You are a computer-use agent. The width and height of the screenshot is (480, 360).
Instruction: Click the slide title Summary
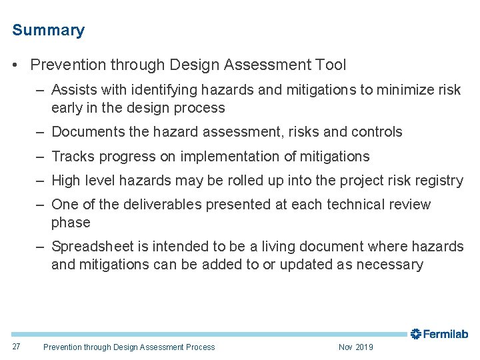(48, 30)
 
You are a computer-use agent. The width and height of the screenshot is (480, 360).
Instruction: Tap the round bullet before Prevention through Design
(15, 65)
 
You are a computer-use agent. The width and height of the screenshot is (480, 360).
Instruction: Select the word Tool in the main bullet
(331, 65)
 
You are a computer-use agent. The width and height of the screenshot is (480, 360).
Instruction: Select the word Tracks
(73, 156)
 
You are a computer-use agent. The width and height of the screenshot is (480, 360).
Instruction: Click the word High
(66, 180)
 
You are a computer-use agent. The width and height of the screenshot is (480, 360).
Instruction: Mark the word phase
(71, 222)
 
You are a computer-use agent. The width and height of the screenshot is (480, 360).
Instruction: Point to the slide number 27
(16, 347)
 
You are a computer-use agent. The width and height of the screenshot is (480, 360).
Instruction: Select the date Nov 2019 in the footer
(356, 347)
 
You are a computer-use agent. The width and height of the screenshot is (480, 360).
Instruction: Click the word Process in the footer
(201, 347)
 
